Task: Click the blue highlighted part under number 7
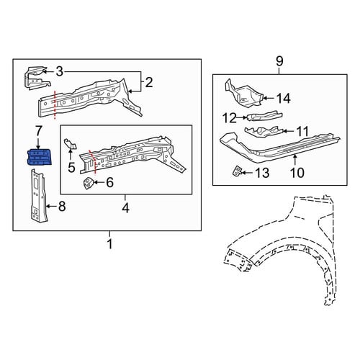(39, 157)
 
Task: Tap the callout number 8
(62, 206)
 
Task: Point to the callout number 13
(262, 173)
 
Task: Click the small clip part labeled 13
(237, 171)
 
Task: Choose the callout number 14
(284, 98)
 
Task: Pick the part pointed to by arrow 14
(243, 94)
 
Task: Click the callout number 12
(230, 118)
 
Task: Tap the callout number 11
(302, 131)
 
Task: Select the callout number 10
(297, 172)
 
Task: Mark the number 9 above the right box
(279, 61)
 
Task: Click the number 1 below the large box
(109, 244)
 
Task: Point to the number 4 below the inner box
(125, 208)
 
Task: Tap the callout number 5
(71, 167)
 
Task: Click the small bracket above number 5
(70, 144)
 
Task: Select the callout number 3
(59, 71)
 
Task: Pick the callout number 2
(149, 83)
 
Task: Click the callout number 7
(38, 131)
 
